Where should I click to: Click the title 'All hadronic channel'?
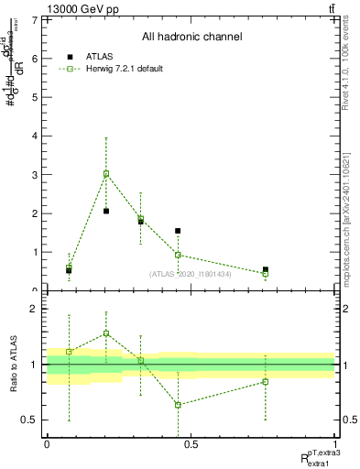[x=191, y=38]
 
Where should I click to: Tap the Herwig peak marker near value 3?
[x=106, y=173]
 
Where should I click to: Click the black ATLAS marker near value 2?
[x=106, y=211]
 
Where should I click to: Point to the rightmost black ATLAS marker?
[x=266, y=270]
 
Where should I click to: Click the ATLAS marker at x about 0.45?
[x=178, y=231]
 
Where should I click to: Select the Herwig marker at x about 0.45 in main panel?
[x=178, y=255]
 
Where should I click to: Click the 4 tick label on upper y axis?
[x=33, y=136]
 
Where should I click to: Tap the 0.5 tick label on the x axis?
[x=191, y=444]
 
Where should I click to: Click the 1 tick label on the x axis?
[x=335, y=444]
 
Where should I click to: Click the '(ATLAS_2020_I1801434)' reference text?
[x=190, y=275]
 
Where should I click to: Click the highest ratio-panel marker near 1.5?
[x=106, y=333]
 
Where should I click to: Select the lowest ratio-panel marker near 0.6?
[x=178, y=405]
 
